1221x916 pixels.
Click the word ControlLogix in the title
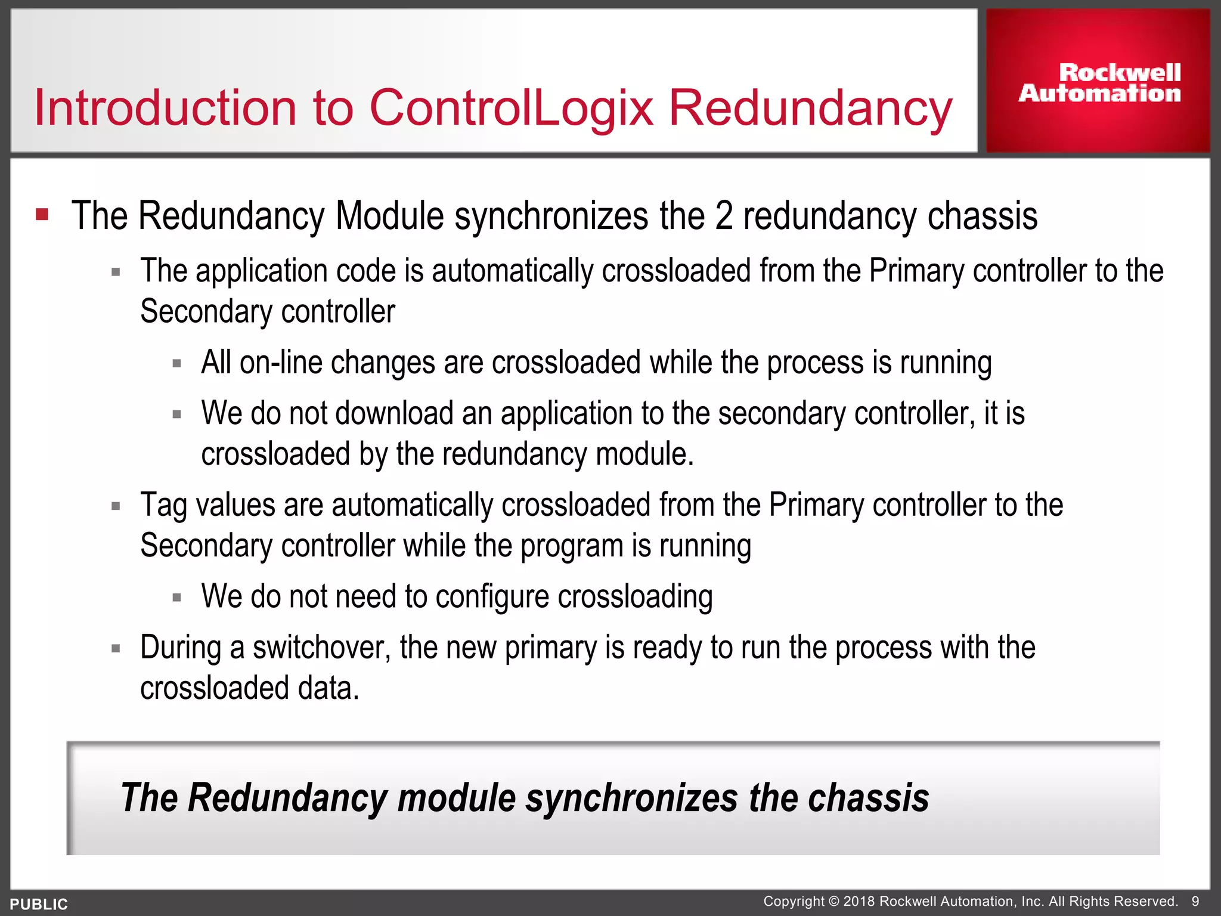512,108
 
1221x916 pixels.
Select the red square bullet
42,214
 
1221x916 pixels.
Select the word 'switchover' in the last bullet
321,648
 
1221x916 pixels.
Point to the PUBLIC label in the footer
39,904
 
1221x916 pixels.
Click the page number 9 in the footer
1195,901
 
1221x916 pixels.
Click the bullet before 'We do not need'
176,598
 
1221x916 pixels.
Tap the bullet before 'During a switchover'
116,648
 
